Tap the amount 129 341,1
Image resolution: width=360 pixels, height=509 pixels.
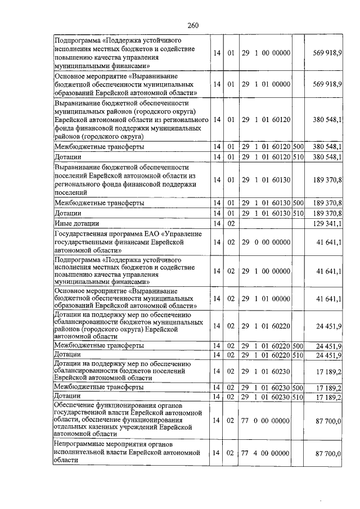(326, 223)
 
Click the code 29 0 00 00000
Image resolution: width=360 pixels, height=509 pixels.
(265, 241)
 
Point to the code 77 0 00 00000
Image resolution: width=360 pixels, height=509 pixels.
(265, 420)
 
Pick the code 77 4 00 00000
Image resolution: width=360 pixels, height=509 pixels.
(265, 452)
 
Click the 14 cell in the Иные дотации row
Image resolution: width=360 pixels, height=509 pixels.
(217, 223)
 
